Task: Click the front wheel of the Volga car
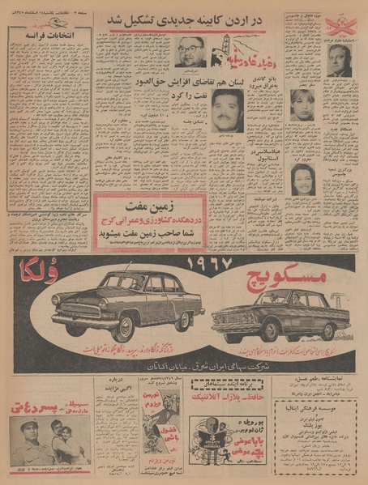[124, 329]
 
